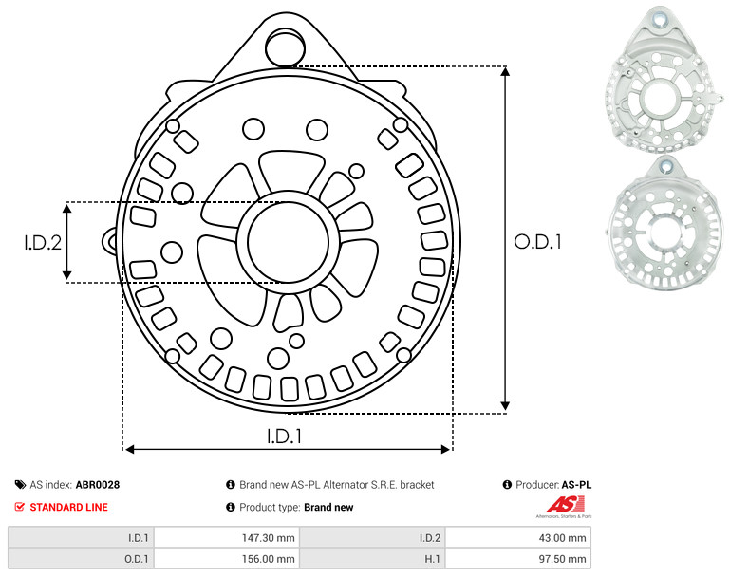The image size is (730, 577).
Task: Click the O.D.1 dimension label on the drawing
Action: (537, 242)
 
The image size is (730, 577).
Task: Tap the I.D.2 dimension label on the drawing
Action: (43, 242)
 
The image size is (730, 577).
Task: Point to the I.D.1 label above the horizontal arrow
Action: (285, 437)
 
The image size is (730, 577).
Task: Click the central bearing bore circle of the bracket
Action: (288, 242)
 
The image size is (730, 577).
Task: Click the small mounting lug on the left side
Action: (110, 242)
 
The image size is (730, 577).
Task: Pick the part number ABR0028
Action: (98, 485)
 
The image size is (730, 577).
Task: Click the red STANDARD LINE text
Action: (69, 507)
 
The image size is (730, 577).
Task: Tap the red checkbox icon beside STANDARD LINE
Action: (20, 507)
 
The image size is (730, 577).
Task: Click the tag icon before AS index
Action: (20, 485)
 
